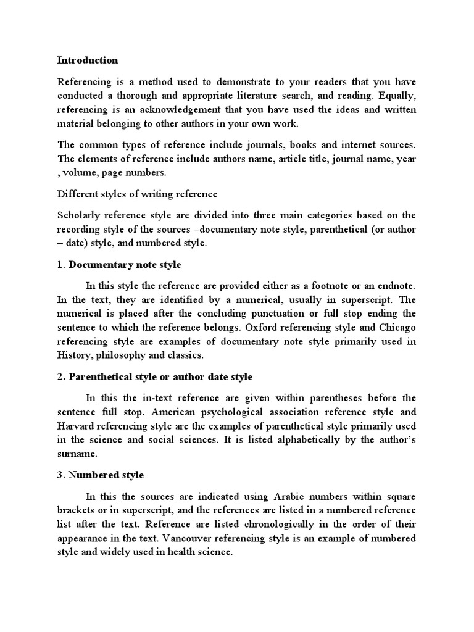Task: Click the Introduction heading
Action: (x=87, y=60)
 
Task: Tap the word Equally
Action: (x=397, y=96)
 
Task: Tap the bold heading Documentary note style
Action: (x=125, y=264)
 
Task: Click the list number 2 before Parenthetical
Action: (x=60, y=376)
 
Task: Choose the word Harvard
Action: (x=77, y=426)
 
